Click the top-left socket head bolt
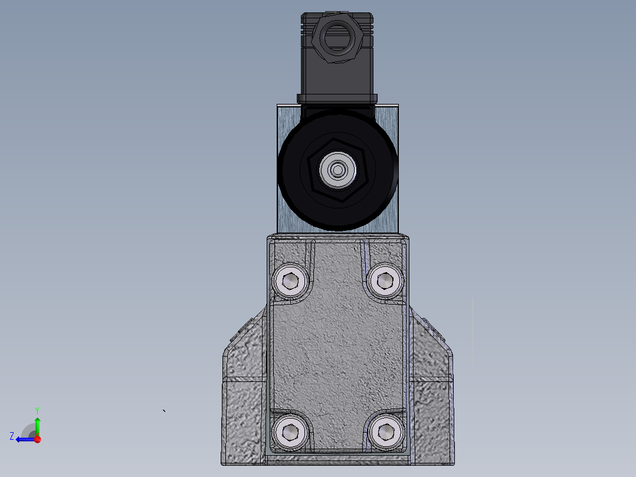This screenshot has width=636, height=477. point(291,281)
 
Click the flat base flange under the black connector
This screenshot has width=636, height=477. point(337,98)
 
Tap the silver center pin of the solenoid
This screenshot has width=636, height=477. point(337,171)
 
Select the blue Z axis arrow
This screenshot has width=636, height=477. point(24,439)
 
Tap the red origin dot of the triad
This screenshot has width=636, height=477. point(37,439)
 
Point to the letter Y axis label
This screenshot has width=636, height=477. point(37,410)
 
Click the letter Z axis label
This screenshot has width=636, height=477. point(12,436)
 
